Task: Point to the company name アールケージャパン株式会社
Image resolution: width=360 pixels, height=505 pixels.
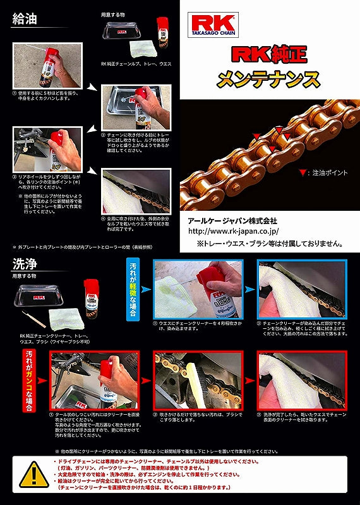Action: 233,222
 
